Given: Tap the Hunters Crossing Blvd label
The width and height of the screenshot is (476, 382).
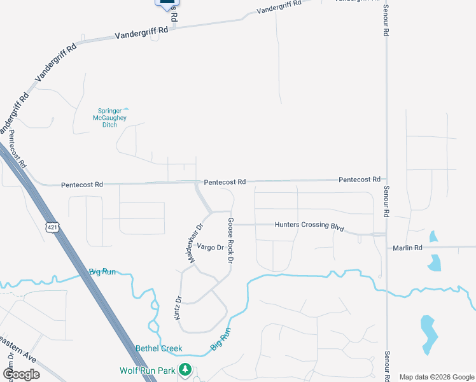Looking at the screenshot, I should tap(309, 225).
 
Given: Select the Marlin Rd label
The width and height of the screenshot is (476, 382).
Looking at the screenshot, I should tap(407, 248).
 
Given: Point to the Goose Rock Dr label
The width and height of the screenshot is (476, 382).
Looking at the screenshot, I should tap(230, 241).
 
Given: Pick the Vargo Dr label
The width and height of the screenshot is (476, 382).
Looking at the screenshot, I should tap(210, 247).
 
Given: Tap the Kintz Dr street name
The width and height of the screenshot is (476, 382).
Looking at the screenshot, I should tap(179, 308).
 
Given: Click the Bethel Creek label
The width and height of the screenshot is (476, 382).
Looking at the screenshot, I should tap(159, 348).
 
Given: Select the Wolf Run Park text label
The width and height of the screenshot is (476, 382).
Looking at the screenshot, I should tap(149, 370).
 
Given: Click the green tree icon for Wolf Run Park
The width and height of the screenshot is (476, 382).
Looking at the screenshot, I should tap(185, 369).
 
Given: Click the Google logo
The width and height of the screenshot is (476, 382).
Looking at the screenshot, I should tap(21, 374).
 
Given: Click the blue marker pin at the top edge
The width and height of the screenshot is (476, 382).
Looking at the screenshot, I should tap(167, 3).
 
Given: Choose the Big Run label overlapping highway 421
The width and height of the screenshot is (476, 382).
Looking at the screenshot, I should tap(102, 272).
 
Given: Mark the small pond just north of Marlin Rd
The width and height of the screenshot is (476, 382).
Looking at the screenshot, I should tap(433, 236).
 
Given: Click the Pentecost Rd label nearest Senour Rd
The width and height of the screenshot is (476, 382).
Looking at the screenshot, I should tap(359, 180).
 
